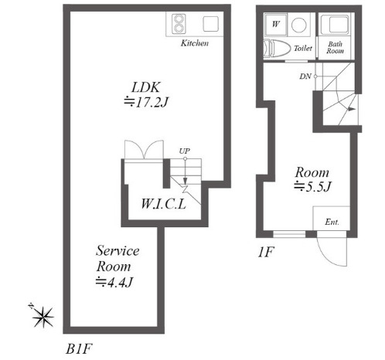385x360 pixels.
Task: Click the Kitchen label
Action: click(x=195, y=43)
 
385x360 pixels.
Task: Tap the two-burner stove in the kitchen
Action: click(x=179, y=24)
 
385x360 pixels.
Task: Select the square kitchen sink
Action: click(x=211, y=24)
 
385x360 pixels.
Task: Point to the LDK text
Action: click(x=146, y=87)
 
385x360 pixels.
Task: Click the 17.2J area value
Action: click(x=146, y=102)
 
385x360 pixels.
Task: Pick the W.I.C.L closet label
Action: click(x=164, y=204)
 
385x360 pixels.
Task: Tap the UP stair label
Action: click(x=185, y=151)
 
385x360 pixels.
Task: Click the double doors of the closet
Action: click(x=144, y=149)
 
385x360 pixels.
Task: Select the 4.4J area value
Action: click(x=114, y=282)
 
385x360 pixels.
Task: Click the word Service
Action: click(x=118, y=250)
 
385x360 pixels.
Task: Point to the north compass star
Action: click(x=43, y=317)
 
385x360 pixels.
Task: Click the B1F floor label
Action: click(x=79, y=349)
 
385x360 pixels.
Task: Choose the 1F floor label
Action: click(x=265, y=253)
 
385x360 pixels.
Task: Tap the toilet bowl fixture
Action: click(x=277, y=49)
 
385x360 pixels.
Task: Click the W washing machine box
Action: click(x=276, y=24)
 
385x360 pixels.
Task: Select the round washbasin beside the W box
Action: click(x=299, y=25)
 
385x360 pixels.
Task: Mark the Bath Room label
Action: click(x=335, y=48)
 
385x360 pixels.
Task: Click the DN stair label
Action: click(x=305, y=76)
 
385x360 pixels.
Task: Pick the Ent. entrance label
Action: click(x=332, y=222)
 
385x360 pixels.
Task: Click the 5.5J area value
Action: click(x=312, y=186)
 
